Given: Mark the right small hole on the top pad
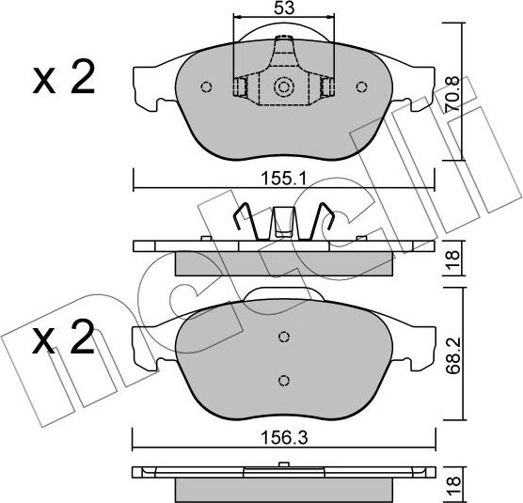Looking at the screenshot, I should pyautogui.click(x=361, y=87).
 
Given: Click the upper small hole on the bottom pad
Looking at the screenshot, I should pyautogui.click(x=284, y=338).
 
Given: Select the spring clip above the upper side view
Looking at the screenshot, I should pyautogui.click(x=283, y=223).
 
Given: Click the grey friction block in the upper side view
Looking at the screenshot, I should pyautogui.click(x=284, y=262).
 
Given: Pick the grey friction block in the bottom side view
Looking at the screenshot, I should pyautogui.click(x=284, y=488).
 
